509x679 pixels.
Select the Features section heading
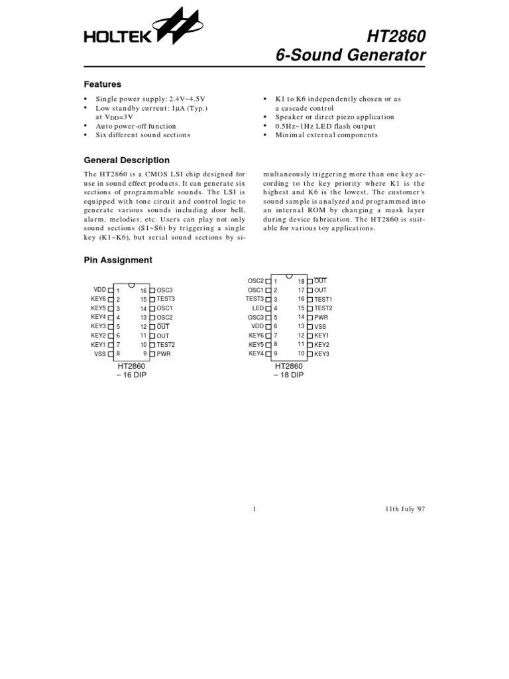102,84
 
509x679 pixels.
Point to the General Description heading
126,160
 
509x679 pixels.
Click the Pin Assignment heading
117,260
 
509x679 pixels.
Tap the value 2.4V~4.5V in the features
188,99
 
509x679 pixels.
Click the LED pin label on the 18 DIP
258,308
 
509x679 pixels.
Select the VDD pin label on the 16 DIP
99,290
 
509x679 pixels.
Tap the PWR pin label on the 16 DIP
164,354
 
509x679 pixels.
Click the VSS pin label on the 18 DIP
320,327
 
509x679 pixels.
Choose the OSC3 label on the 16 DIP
164,290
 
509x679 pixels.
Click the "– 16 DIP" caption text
131,375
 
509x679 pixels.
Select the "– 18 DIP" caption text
288,375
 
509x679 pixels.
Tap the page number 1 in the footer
254,509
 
